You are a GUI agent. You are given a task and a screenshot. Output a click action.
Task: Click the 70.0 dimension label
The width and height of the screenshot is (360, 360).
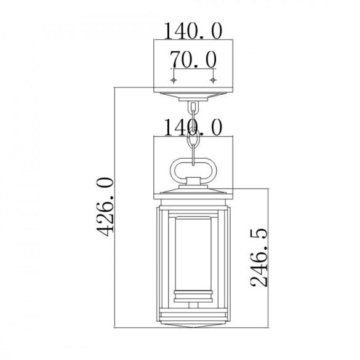click(x=193, y=60)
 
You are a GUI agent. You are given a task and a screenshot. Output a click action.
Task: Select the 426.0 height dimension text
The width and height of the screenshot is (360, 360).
click(x=105, y=207)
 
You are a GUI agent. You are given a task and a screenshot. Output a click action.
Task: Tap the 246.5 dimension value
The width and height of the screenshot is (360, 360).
click(x=258, y=257)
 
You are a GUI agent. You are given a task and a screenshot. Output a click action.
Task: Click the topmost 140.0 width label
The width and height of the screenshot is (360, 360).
click(x=193, y=31)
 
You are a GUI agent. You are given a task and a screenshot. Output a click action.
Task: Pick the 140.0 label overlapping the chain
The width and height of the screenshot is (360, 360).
click(x=193, y=127)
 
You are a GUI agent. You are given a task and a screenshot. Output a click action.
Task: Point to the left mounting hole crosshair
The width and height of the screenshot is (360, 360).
click(x=174, y=80)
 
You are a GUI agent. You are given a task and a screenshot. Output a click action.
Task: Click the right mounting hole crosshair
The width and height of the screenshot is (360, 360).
click(x=213, y=80)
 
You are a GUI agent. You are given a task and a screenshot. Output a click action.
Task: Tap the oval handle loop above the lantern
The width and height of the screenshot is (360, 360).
click(x=175, y=170)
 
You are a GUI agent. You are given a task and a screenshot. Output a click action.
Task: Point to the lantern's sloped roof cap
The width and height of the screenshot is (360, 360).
click(x=193, y=191)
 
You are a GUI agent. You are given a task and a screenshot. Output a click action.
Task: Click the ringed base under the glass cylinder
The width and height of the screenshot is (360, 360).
click(x=193, y=297)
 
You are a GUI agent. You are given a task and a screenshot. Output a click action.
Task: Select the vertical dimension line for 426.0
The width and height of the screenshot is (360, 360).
click(x=114, y=242)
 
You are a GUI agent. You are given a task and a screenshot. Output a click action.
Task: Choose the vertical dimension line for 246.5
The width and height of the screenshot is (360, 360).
click(x=268, y=258)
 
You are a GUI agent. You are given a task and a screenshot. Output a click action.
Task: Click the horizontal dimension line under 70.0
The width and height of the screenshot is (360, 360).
click(x=193, y=69)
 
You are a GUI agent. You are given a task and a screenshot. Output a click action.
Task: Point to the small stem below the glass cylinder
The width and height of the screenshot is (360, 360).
click(x=193, y=305)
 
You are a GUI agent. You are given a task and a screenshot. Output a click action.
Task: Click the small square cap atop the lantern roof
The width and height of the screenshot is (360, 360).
click(x=193, y=181)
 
